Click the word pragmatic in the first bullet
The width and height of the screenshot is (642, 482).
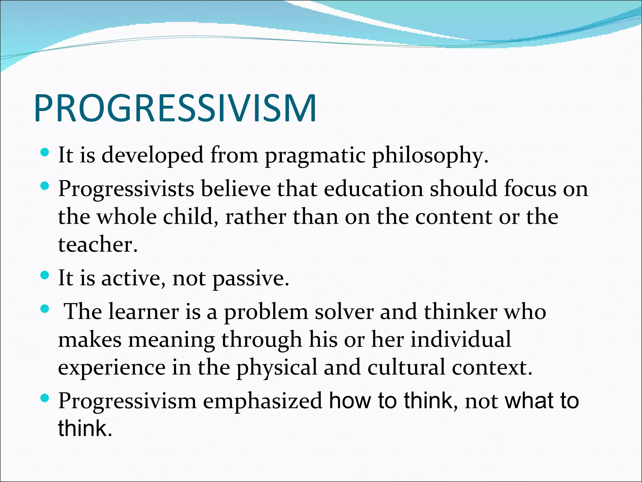(315, 155)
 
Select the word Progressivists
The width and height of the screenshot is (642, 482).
(126, 189)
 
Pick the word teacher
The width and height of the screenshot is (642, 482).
(97, 244)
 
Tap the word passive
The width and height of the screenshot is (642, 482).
(250, 278)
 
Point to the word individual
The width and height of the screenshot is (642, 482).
(461, 340)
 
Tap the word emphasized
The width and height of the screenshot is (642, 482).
(263, 401)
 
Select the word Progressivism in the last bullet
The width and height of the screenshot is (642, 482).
(127, 401)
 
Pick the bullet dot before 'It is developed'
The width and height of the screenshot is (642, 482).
(45, 153)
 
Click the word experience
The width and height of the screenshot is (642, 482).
(112, 368)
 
